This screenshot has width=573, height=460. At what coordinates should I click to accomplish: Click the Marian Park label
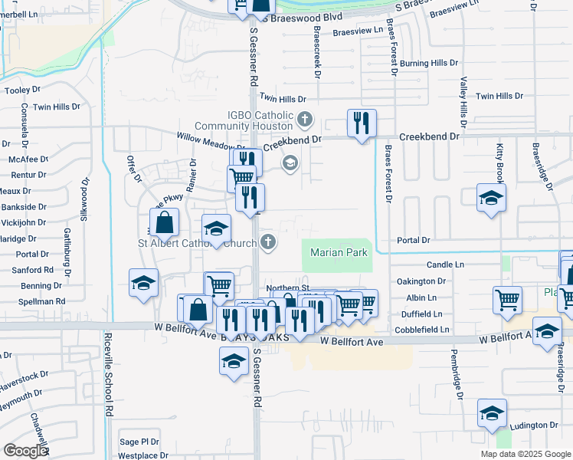[339, 252]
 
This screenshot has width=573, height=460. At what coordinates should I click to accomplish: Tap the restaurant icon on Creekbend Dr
[362, 123]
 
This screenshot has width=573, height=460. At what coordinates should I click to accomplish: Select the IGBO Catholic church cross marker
[305, 119]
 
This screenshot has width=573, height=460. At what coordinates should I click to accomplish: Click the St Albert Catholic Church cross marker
[267, 243]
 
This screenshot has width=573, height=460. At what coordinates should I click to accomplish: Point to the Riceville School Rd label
[110, 390]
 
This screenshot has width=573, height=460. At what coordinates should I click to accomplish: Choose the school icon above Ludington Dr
[492, 412]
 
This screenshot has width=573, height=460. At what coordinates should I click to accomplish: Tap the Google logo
[25, 451]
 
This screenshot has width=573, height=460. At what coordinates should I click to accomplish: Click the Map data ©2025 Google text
[526, 454]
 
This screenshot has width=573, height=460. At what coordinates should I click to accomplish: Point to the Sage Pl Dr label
[139, 442]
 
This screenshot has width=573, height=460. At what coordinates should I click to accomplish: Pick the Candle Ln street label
[446, 264]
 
